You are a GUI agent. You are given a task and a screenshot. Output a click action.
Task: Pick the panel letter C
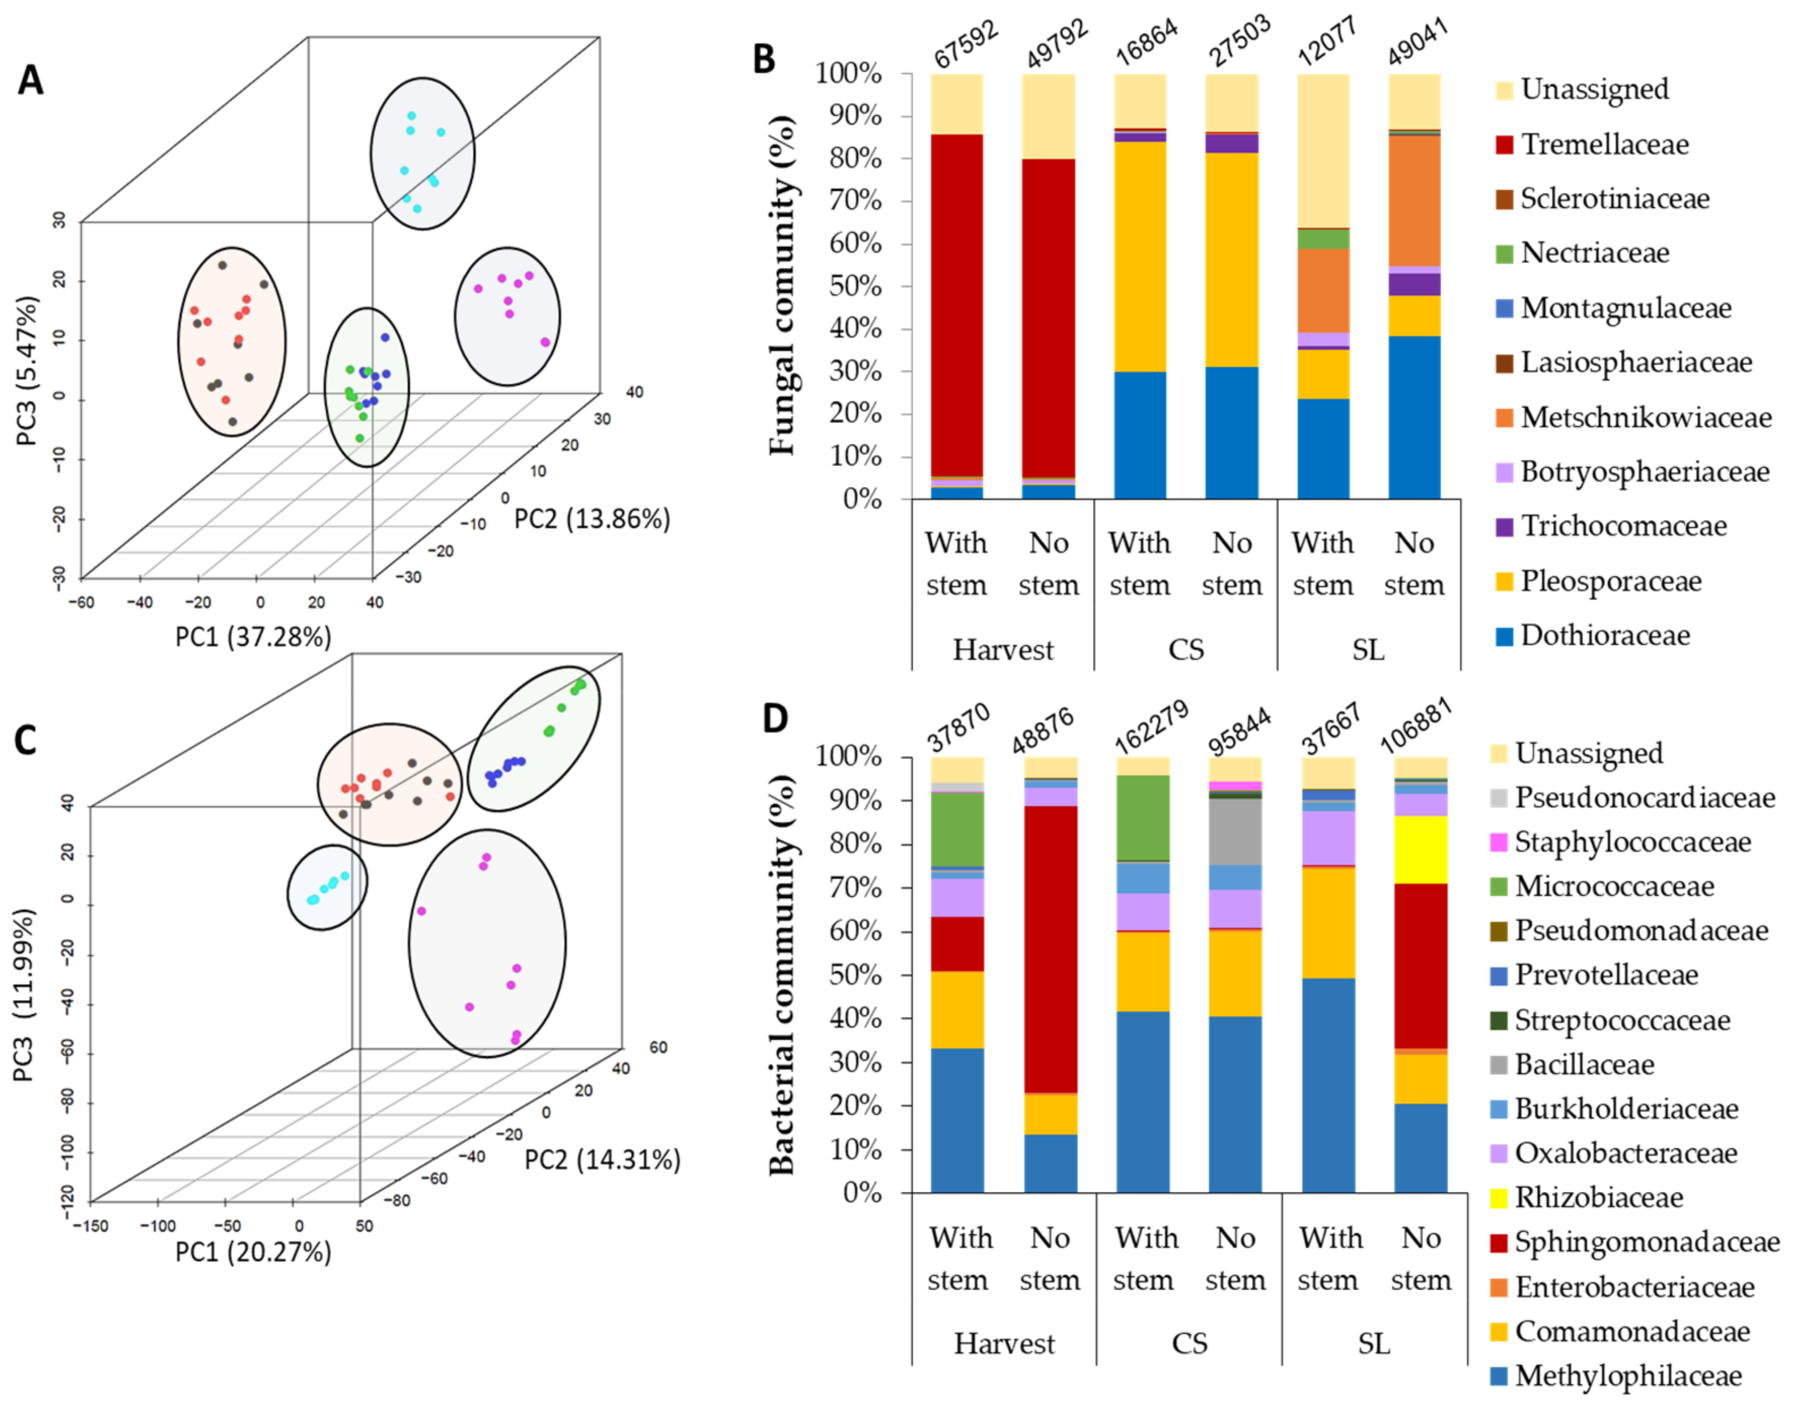coord(26,740)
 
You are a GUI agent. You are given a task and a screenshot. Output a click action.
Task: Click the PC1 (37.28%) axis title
coord(253,637)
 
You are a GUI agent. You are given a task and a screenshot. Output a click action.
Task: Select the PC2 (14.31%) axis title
coord(603,1160)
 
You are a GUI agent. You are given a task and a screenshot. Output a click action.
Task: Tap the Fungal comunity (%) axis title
coord(783,286)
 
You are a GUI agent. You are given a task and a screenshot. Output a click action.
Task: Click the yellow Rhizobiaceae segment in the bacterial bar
coord(1421,850)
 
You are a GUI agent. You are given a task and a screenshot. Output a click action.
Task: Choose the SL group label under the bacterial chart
coord(1373,1344)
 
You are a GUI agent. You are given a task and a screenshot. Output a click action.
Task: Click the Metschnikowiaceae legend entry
coord(1645,417)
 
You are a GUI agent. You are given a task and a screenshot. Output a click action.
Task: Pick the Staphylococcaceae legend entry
coord(1632,842)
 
